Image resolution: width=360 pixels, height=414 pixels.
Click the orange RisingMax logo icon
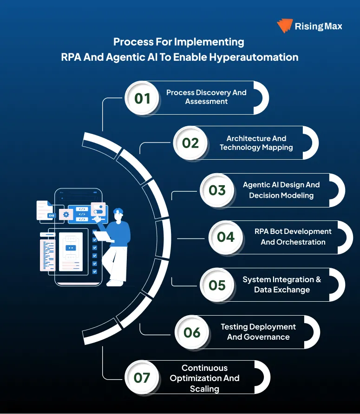pyautogui.click(x=284, y=26)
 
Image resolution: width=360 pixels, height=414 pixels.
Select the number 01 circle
pyautogui.click(x=143, y=98)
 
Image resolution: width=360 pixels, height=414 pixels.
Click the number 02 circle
pyautogui.click(x=190, y=143)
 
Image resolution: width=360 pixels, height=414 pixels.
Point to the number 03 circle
pyautogui.click(x=217, y=190)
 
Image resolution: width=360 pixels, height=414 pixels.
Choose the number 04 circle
pyautogui.click(x=226, y=237)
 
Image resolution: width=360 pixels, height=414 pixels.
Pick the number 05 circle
pyautogui.click(x=217, y=285)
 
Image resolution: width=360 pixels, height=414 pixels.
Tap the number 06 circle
pyautogui.click(x=192, y=332)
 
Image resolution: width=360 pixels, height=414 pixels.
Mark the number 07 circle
pyautogui.click(x=142, y=377)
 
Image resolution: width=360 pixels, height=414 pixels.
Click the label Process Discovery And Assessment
pyautogui.click(x=206, y=97)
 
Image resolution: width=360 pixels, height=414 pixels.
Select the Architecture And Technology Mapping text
pyautogui.click(x=256, y=143)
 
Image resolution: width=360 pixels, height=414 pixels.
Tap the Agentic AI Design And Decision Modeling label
pyautogui.click(x=281, y=190)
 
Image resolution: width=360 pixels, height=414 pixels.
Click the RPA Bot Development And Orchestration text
pyautogui.click(x=293, y=237)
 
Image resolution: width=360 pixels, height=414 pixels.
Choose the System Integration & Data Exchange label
pyautogui.click(x=281, y=285)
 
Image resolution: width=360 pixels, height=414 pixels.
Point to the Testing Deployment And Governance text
pyautogui.click(x=258, y=332)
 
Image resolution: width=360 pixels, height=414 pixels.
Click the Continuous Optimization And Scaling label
pyautogui.click(x=204, y=378)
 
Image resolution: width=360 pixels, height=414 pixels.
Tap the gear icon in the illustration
pyautogui.click(x=66, y=215)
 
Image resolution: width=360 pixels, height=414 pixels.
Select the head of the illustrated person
pyautogui.click(x=118, y=214)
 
